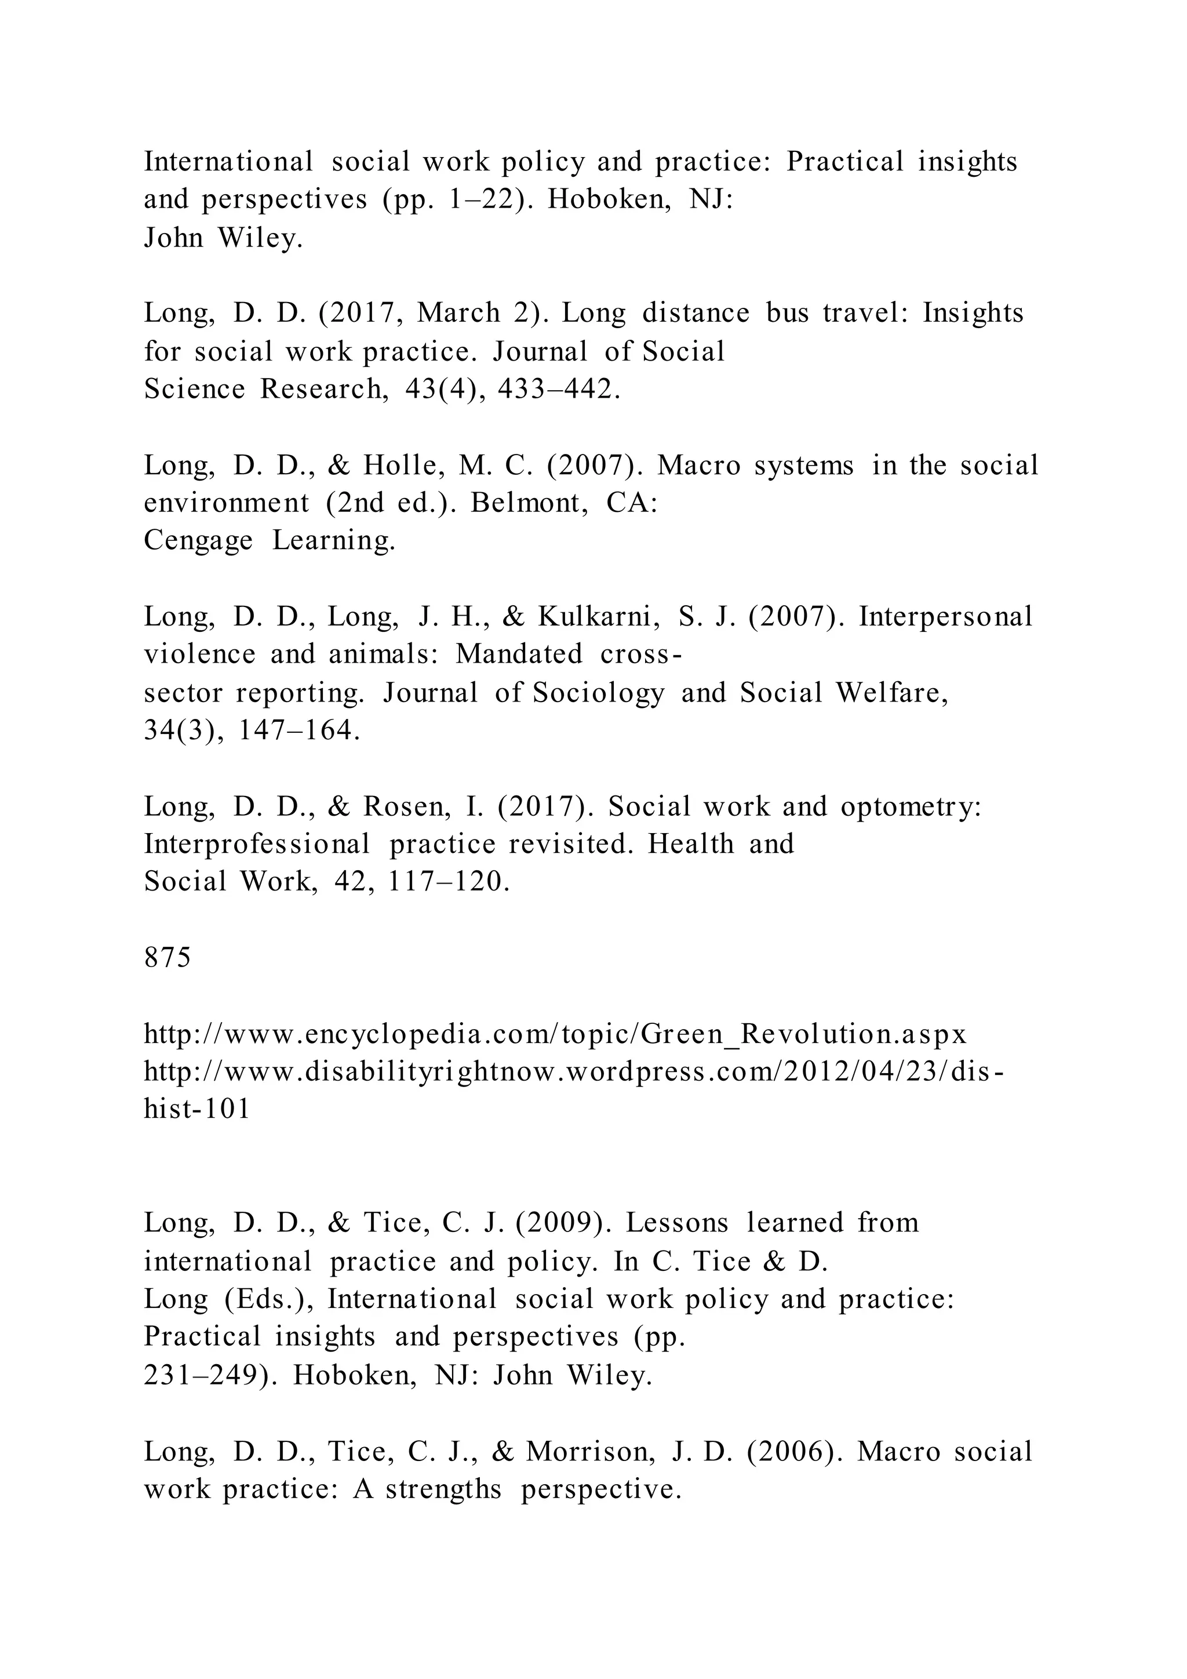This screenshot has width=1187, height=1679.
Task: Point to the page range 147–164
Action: pos(300,731)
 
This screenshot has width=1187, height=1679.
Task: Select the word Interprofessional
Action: pos(257,844)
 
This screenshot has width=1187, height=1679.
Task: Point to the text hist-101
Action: pos(196,1109)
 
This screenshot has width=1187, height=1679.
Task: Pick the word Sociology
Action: pos(599,692)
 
